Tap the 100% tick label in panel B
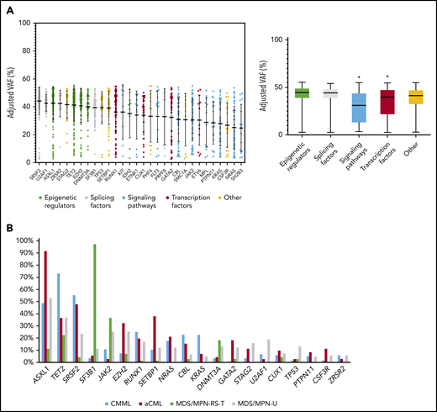click(21, 241)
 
